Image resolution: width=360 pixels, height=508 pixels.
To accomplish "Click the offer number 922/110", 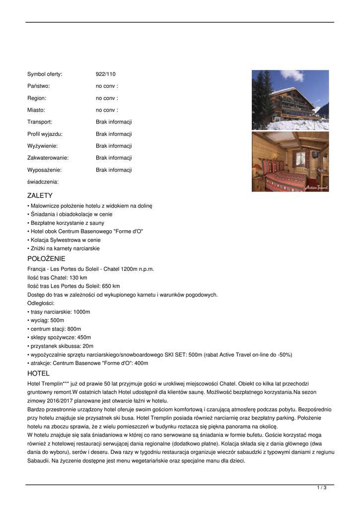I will [x=105, y=74].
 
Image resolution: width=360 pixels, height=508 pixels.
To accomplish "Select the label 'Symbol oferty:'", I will [x=45, y=74].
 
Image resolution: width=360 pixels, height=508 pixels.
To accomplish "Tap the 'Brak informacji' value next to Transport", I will [x=114, y=122].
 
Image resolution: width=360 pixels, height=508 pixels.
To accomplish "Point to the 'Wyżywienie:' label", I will [x=42, y=146].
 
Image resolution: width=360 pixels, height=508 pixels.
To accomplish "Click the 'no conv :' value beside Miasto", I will [x=107, y=110].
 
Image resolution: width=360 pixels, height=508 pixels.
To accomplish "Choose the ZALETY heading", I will [x=40, y=195].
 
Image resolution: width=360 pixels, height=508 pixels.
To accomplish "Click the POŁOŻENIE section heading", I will [x=46, y=258].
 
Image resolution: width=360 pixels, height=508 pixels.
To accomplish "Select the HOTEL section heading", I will [x=38, y=373].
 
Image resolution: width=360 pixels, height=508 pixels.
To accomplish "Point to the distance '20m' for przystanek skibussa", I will [x=88, y=346].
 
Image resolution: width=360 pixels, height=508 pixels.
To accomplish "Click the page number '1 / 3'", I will [x=322, y=488].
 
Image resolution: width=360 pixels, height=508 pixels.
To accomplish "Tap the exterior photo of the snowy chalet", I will [x=290, y=100].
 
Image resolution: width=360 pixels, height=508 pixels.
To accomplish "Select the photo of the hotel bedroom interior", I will [x=290, y=161].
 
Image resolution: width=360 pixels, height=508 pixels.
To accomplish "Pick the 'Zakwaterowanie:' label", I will [x=48, y=158].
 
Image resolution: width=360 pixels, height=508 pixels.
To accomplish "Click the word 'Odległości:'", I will [x=41, y=303].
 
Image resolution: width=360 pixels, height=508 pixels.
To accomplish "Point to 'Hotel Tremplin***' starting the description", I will [x=48, y=384].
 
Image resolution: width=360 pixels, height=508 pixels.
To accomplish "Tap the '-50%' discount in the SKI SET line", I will [x=285, y=355].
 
